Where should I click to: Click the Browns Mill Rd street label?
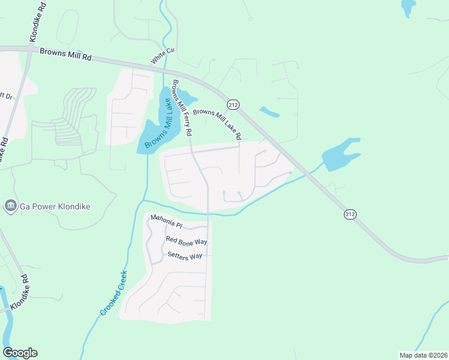65,53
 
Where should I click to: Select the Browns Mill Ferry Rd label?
182,107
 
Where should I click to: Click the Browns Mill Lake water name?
158,119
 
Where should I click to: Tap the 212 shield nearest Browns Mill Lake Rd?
234,105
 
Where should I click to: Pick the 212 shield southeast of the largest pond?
350,214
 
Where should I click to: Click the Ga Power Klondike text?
55,207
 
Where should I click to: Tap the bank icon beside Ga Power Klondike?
10,207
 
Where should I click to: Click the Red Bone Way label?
186,241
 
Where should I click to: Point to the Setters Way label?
185,257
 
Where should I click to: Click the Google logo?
20,353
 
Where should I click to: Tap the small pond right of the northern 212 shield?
268,112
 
